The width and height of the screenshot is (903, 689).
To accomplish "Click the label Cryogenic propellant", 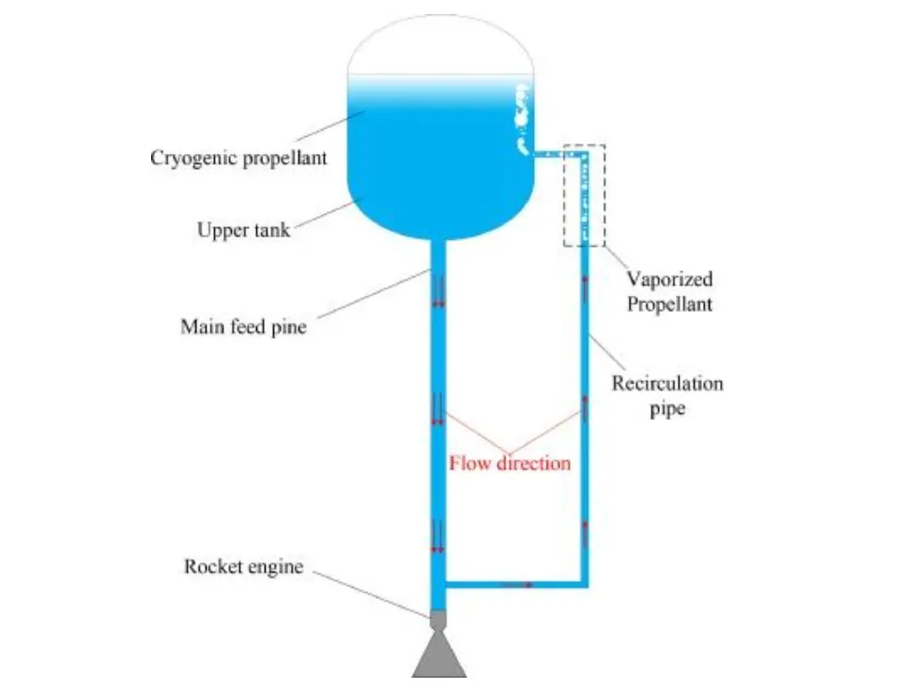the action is click(x=238, y=158).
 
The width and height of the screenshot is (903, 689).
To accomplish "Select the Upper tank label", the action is click(x=243, y=229).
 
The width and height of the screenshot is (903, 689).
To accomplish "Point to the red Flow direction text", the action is click(x=510, y=463).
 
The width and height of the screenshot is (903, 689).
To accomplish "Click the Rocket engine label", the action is click(x=243, y=566).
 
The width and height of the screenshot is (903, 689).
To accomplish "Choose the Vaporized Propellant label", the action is click(x=669, y=291).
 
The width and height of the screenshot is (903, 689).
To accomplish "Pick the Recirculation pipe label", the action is click(x=667, y=396).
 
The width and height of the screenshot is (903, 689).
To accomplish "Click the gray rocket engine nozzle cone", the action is click(x=439, y=654).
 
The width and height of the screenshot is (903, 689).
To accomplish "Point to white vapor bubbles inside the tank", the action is click(x=520, y=117).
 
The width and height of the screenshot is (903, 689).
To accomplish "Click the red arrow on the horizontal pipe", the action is click(x=517, y=584).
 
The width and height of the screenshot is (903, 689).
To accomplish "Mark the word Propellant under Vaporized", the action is click(x=669, y=304).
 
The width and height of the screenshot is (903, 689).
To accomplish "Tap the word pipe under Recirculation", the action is click(x=667, y=409).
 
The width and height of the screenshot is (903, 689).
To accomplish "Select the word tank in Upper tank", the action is click(x=270, y=229).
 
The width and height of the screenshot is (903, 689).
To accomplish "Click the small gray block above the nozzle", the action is click(x=438, y=620).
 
